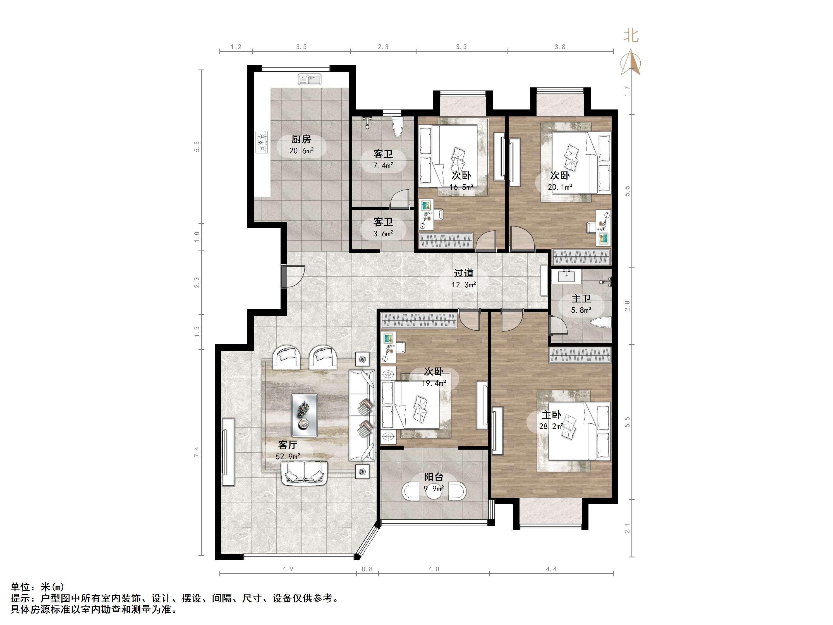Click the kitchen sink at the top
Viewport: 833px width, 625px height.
[x=310, y=80]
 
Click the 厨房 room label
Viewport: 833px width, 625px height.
[x=301, y=139]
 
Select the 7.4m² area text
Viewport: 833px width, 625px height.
[x=383, y=165]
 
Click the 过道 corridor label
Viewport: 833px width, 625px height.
[x=464, y=273]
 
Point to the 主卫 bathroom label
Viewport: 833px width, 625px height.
[x=581, y=299]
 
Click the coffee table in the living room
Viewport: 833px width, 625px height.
[x=304, y=415]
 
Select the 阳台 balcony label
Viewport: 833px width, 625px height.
[x=434, y=477]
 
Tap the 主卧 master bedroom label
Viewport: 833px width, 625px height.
[x=551, y=415]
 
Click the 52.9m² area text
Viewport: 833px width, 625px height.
[x=288, y=457]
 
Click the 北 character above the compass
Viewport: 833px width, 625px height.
[x=631, y=36]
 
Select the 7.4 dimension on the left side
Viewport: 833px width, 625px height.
[x=197, y=452]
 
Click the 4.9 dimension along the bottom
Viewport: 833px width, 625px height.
[x=288, y=569]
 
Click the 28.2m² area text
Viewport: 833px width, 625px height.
[x=551, y=426]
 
